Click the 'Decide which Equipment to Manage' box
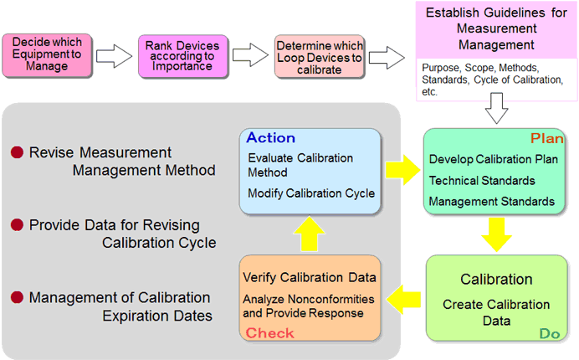point(47,55)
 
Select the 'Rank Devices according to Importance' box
point(183,56)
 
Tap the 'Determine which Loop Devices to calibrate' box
point(320,57)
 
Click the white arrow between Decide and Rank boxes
point(114,56)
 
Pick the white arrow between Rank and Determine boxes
point(250,55)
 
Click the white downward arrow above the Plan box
point(497,108)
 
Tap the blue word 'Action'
point(270,138)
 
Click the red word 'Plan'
point(547,138)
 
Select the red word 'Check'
point(270,333)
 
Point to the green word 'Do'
point(550,333)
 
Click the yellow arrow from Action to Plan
point(402,170)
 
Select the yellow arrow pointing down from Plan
point(497,234)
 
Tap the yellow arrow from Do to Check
point(403,300)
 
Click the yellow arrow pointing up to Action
point(310,234)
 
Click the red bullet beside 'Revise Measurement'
point(17,152)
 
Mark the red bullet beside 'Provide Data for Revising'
point(17,224)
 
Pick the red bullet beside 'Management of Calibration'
point(17,297)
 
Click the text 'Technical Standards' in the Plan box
point(482,180)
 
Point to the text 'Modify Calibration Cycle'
point(311,193)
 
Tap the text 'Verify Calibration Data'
point(310,278)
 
